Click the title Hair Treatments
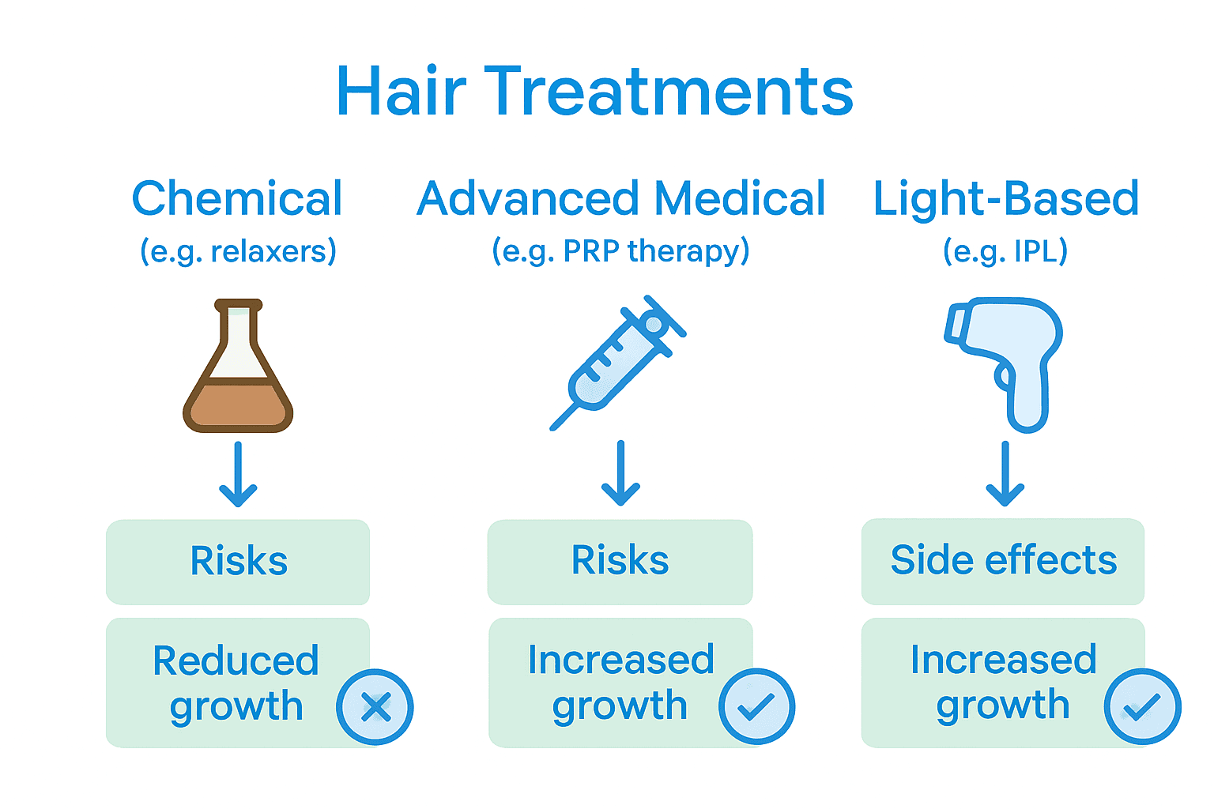tap(594, 91)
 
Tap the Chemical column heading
tap(237, 198)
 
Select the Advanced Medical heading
tap(620, 198)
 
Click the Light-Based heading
tap(1006, 199)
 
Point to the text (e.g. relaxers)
tap(238, 251)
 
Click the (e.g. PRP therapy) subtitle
tap(620, 251)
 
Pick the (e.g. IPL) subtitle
tap(1005, 251)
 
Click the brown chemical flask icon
tap(238, 366)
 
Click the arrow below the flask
tap(238, 474)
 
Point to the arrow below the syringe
tap(620, 473)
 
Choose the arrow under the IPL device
tap(1005, 473)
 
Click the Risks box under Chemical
tap(238, 562)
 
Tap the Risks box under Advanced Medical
tap(620, 562)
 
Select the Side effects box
tap(1003, 562)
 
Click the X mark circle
tap(375, 707)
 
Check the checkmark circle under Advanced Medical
tap(756, 706)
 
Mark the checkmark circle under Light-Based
tap(1142, 706)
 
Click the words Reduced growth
tap(236, 684)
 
